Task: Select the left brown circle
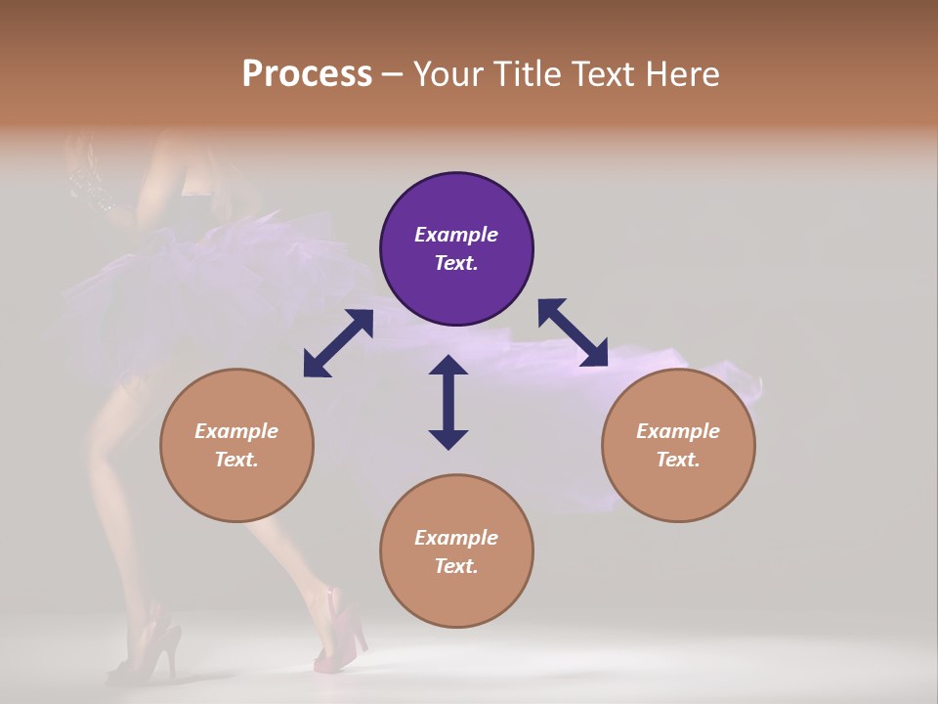tap(236, 445)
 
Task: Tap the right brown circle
tap(678, 445)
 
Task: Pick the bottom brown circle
tap(456, 551)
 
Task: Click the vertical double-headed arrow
tap(448, 402)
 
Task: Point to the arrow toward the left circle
tap(338, 343)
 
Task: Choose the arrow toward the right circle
tap(573, 332)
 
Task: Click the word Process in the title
tap(307, 74)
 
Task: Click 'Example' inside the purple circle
tap(456, 235)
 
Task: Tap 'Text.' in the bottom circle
tap(456, 566)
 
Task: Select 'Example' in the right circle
tap(678, 431)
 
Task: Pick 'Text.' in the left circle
tap(236, 460)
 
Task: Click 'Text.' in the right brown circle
tap(678, 460)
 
